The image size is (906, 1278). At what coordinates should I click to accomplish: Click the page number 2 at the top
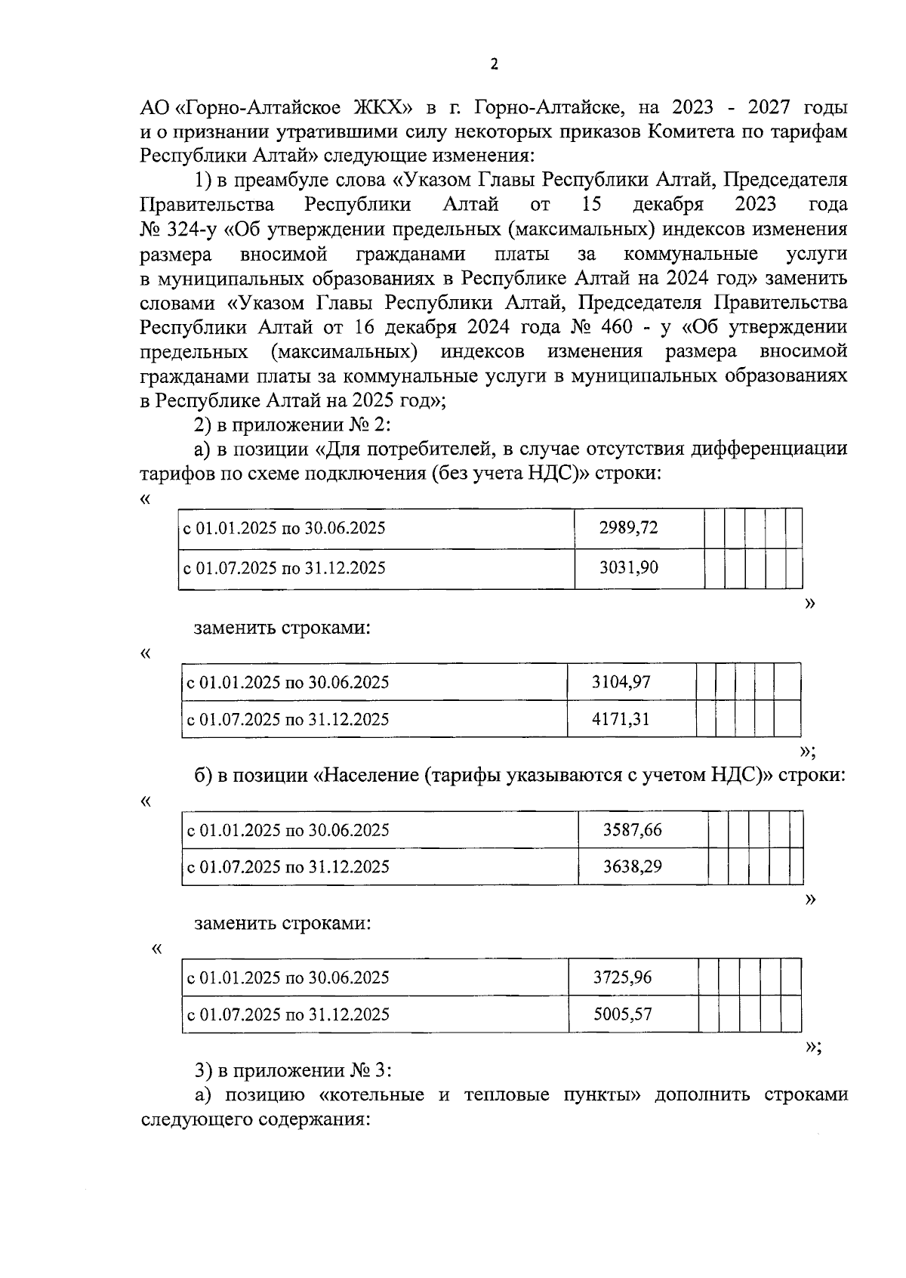coord(494,65)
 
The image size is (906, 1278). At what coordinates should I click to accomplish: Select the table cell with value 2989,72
coord(628,528)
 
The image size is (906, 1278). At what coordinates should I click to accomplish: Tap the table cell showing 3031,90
coord(628,568)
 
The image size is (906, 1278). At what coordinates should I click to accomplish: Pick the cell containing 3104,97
coord(621,683)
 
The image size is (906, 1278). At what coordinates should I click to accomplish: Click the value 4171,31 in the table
coord(621,719)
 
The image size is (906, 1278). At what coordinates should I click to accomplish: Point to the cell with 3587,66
coord(632,830)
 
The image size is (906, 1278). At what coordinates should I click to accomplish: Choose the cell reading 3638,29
coord(632,866)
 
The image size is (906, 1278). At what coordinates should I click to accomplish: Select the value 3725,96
coord(622,977)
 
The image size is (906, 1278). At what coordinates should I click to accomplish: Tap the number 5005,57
coord(622,1014)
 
